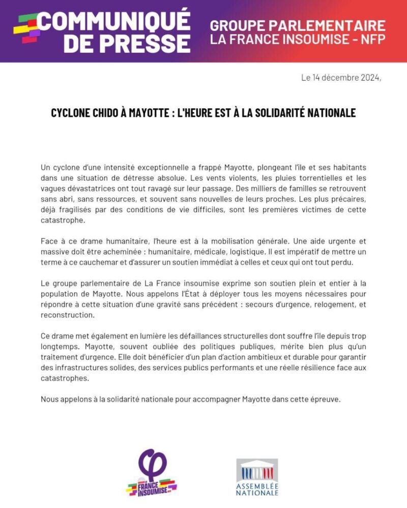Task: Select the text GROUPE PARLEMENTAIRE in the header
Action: click(298, 25)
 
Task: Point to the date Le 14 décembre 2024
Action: click(340, 78)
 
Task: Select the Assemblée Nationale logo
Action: click(257, 477)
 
